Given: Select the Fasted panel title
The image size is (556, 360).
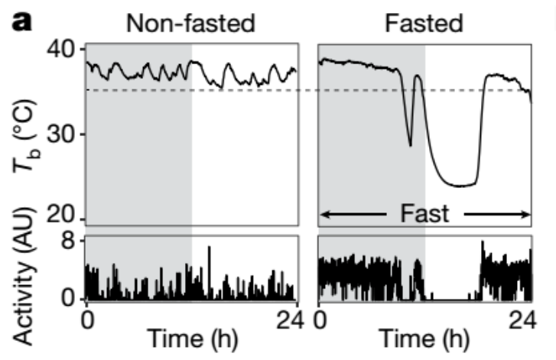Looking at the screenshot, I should [x=424, y=23].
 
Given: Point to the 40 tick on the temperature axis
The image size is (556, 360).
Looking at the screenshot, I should [x=64, y=50].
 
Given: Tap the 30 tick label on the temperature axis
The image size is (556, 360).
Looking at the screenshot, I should [x=64, y=135].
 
